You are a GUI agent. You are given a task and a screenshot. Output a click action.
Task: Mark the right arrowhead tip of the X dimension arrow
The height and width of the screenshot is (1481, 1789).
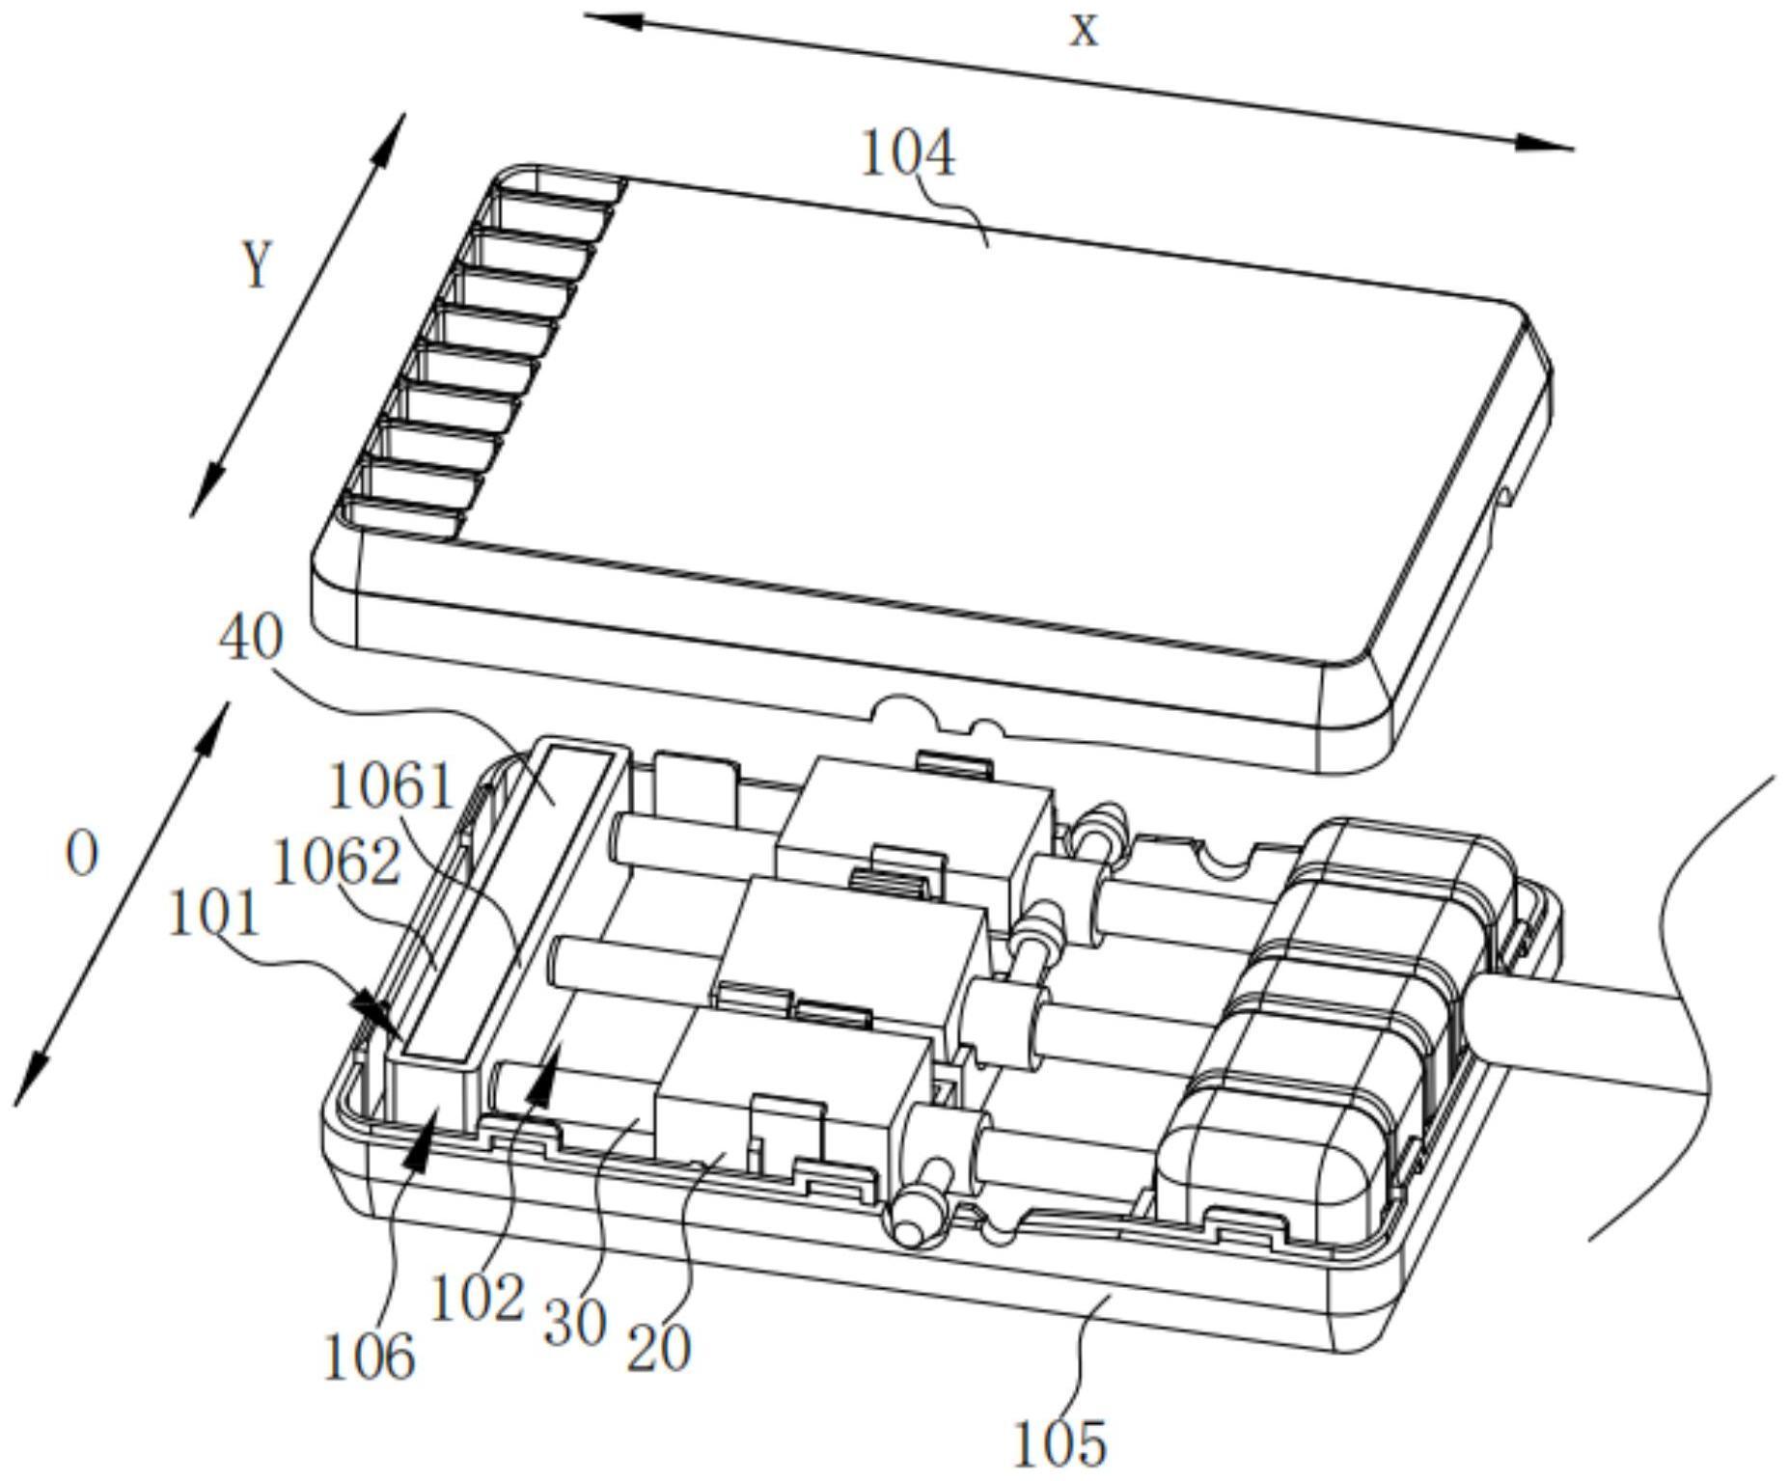(x=1575, y=149)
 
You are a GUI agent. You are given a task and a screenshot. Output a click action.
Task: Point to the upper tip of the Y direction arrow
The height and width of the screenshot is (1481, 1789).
(x=404, y=114)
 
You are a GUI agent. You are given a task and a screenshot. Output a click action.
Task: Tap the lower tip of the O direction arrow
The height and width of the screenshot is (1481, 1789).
(x=15, y=1106)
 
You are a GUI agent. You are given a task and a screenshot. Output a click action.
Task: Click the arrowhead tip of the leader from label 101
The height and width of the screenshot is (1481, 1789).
(x=401, y=1039)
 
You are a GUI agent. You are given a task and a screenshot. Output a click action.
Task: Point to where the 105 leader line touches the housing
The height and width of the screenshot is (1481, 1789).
(x=1110, y=1297)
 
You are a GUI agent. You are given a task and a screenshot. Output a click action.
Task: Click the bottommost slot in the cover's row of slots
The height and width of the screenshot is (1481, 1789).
(x=405, y=516)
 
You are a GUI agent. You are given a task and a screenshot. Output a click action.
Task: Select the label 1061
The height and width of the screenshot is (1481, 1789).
(x=391, y=786)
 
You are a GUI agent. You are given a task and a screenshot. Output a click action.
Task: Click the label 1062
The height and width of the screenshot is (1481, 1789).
(x=337, y=862)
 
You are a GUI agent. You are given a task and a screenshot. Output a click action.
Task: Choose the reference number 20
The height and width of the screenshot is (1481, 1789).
(x=659, y=1348)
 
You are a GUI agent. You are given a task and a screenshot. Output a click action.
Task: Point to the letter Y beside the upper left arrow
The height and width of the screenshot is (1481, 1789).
(x=257, y=264)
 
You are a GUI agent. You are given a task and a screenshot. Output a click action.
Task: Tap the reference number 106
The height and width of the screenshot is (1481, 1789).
(x=370, y=1357)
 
